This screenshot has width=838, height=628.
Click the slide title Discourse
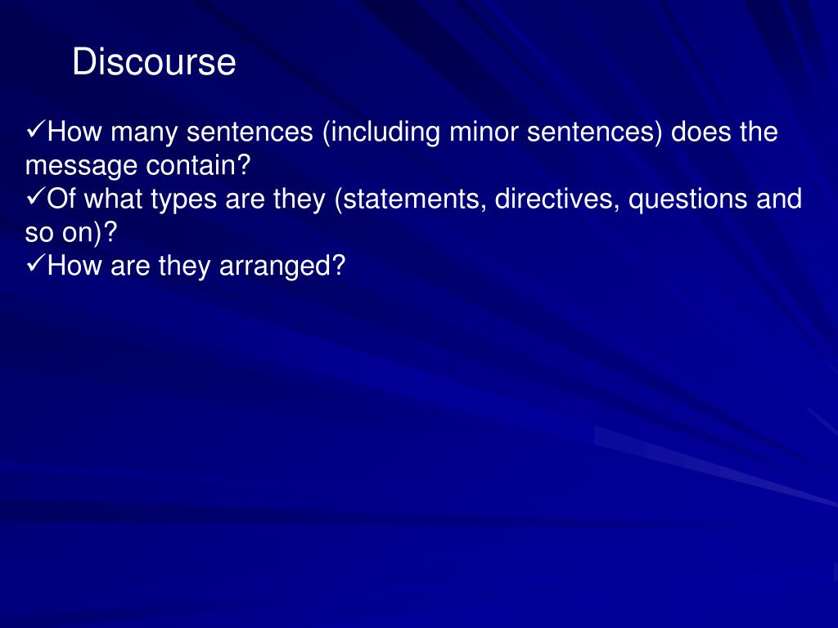pos(154,62)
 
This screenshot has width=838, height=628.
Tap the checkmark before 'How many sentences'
pos(36,130)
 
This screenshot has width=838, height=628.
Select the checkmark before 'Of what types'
pos(36,197)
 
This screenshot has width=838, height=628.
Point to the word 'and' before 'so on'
pos(779,200)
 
